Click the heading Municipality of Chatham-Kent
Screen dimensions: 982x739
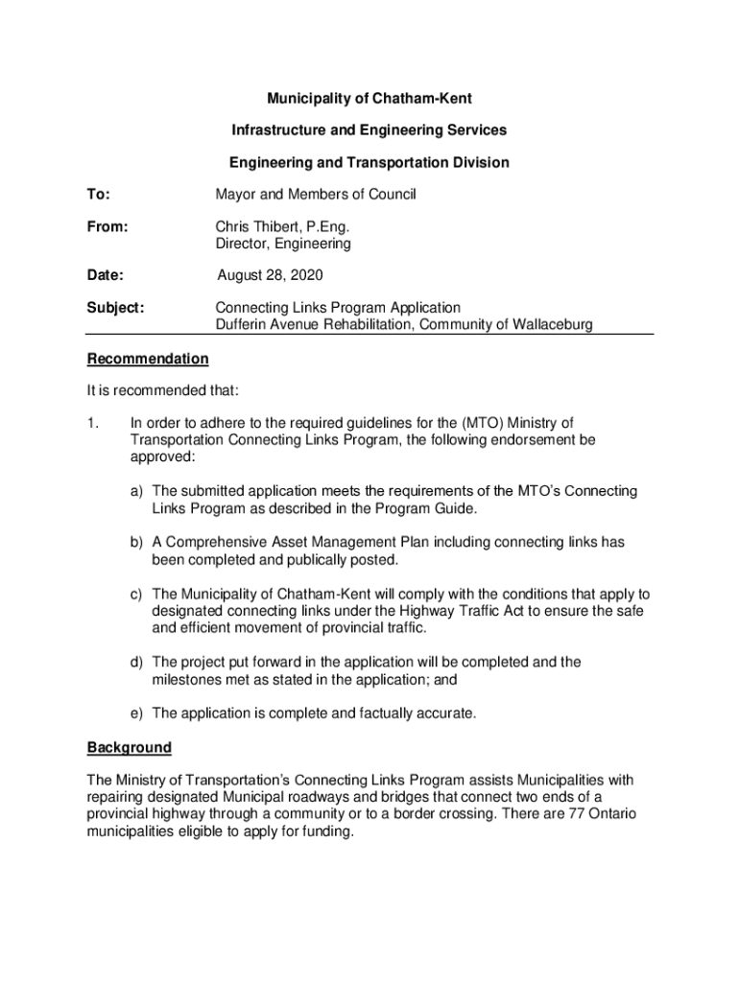(369, 99)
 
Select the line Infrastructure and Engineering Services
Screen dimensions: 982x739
(369, 129)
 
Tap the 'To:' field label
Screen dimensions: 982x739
(98, 195)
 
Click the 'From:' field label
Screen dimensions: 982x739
(107, 227)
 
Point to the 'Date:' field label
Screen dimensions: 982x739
(105, 276)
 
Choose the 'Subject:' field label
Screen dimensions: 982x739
(115, 308)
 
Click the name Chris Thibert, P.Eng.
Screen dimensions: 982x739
(282, 227)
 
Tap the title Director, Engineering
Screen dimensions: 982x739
(283, 244)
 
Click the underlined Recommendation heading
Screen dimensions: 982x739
(148, 359)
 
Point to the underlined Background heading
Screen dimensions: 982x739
(130, 747)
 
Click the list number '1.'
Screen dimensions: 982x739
(93, 423)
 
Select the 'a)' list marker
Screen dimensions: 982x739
(138, 491)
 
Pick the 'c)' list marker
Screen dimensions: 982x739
(138, 594)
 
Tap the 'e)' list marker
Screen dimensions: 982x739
(138, 713)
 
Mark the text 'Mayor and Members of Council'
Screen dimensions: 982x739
(316, 195)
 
